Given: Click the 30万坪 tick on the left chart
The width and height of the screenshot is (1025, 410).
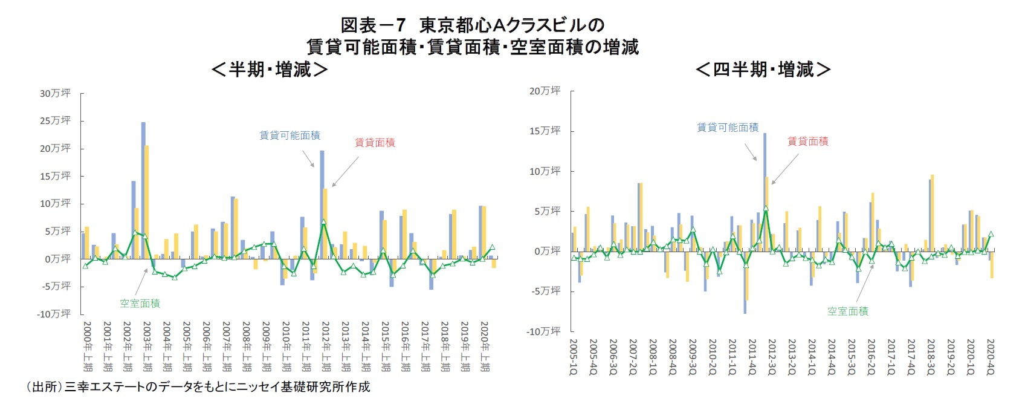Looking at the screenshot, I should coord(55,93).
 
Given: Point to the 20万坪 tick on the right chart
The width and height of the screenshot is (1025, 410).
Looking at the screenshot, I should coord(545,91).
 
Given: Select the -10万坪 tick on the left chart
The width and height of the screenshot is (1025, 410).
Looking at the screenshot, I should coord(54,314).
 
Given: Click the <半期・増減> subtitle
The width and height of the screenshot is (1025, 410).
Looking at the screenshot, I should coord(270,70).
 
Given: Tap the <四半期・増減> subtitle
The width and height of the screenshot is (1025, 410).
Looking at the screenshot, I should coord(763,70).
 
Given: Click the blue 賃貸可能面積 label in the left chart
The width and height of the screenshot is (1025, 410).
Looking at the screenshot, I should coord(289,135).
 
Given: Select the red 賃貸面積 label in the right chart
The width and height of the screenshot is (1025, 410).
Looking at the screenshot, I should coord(807,141).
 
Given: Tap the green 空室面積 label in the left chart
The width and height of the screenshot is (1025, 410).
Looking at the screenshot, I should coord(140,304).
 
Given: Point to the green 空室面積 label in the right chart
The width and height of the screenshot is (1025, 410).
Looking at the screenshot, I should coord(847,311).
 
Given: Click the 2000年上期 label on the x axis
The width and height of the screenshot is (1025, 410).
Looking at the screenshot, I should coord(87,346).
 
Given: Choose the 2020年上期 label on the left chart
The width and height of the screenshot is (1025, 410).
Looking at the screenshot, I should coord(484,346).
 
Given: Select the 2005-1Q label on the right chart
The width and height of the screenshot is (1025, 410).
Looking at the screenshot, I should coord(574,357).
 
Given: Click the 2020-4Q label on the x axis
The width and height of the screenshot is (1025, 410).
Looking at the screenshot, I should coord(990,357).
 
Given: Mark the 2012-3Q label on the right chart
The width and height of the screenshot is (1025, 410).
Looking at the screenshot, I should coord(772,357).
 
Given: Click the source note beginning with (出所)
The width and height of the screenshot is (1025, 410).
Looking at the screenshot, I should coord(197,387).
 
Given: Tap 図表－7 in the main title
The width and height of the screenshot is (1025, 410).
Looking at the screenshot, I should coord(372,25).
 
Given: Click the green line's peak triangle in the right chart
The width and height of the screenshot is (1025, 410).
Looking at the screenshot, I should coord(766,208).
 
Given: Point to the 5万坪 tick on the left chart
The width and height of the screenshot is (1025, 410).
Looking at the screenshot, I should coord(57,231).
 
